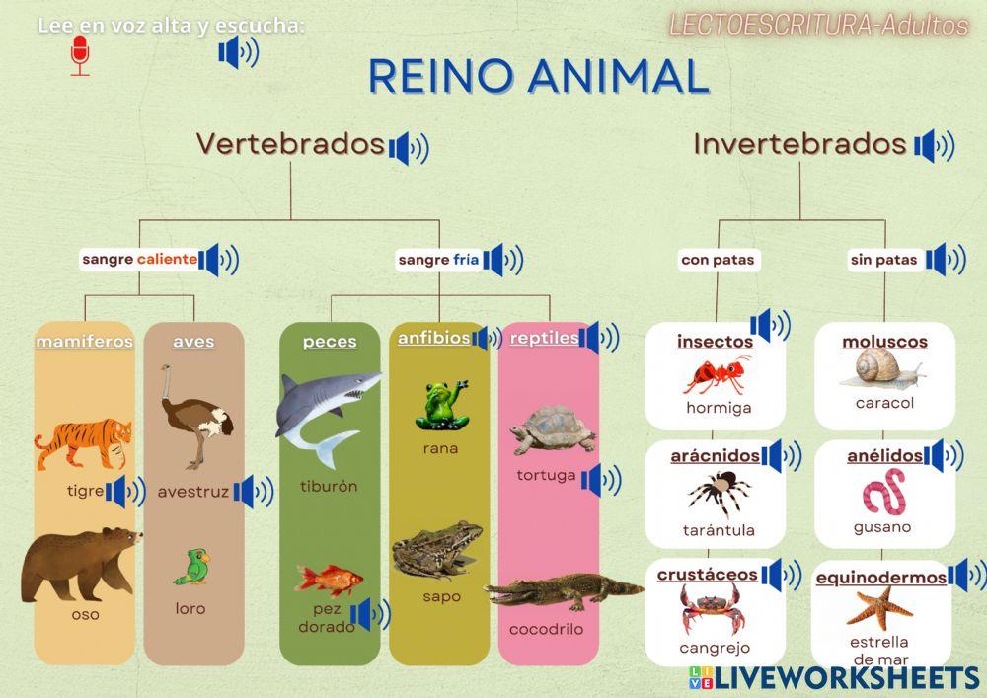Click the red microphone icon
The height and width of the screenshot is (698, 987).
[x=80, y=55]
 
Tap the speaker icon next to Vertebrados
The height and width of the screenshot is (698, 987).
[x=409, y=148]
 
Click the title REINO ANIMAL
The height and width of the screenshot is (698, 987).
[x=539, y=76]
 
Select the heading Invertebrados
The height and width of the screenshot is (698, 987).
[x=799, y=144]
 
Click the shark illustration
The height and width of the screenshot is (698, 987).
[x=325, y=410]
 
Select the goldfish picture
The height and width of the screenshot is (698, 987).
[x=329, y=580]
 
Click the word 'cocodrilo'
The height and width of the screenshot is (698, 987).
[x=546, y=629]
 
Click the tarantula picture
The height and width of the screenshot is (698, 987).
[x=719, y=494]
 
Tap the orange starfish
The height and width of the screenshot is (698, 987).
[x=879, y=605]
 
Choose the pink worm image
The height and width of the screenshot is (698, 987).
[x=883, y=493]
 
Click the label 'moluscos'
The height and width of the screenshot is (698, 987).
[x=884, y=342]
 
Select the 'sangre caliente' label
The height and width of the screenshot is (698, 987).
[x=139, y=260]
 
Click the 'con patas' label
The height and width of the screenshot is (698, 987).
[x=718, y=261]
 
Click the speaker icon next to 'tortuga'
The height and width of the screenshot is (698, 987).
[x=601, y=481]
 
